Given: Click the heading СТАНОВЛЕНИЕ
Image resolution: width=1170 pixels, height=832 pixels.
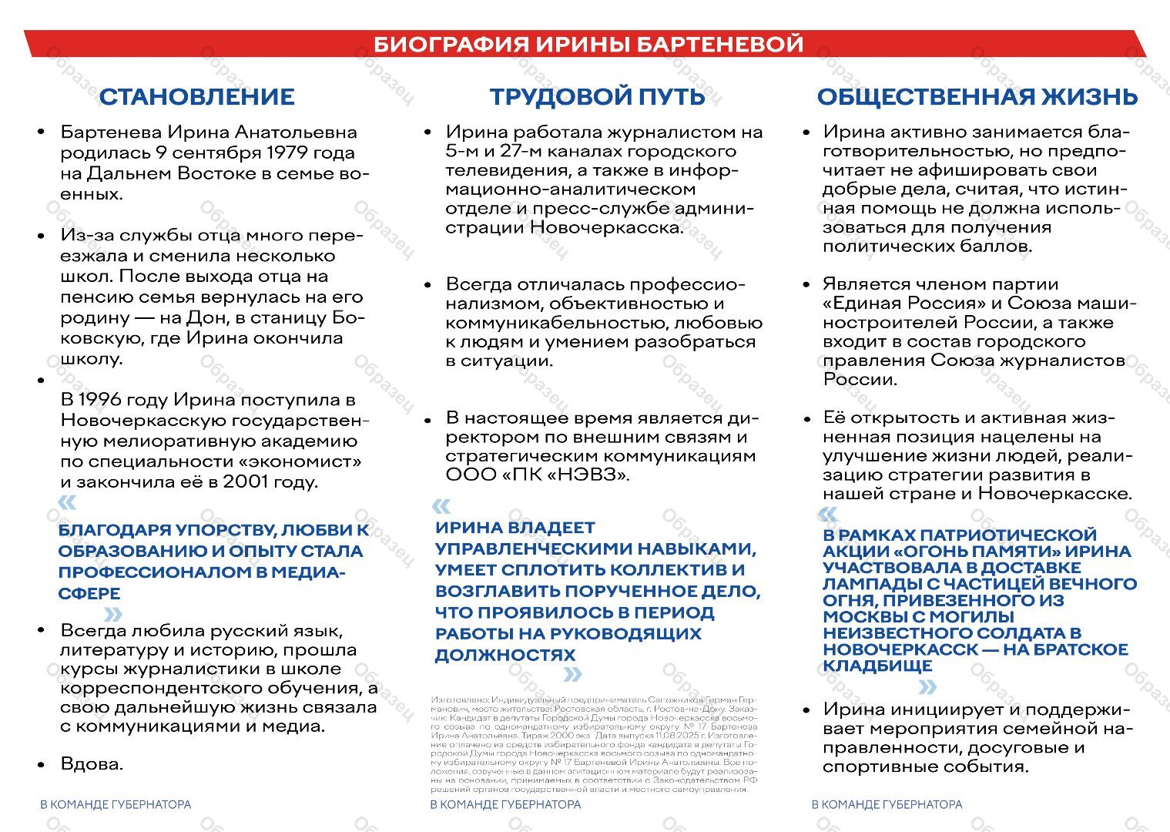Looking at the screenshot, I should coord(196,97).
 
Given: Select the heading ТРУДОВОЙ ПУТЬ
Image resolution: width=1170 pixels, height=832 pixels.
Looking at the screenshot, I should coord(597,97).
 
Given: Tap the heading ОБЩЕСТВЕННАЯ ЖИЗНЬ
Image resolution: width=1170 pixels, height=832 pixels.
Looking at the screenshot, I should coord(977,97).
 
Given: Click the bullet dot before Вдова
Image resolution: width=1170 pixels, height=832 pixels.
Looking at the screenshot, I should coord(42,765).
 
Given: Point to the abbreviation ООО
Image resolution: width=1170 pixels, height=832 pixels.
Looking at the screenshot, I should coord(471,475).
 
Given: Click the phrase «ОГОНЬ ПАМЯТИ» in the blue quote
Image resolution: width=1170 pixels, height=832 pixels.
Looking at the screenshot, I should coord(977,552).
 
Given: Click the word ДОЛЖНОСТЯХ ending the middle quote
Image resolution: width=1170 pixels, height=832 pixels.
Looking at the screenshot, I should coord(505,655).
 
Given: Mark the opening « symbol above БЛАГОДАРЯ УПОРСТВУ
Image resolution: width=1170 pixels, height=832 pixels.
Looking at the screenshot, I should coord(67,503).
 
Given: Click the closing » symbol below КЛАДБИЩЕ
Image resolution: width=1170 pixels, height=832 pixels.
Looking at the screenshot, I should coord(927,687).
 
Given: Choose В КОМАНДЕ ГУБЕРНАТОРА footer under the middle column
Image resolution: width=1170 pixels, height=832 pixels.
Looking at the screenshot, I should coord(505,804).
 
